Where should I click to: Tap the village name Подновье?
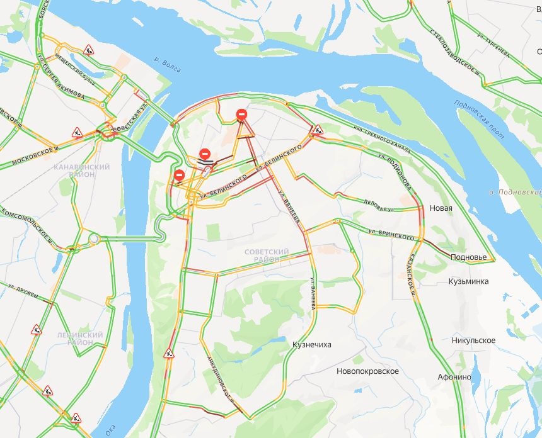[468, 257]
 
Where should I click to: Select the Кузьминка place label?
[468, 281]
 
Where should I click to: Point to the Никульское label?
[473, 340]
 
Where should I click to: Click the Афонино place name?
[454, 377]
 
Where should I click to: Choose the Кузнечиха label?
[312, 345]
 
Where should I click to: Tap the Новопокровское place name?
[368, 371]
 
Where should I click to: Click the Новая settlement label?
[441, 208]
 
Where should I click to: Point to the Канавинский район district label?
[83, 170]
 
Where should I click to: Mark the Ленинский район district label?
[79, 339]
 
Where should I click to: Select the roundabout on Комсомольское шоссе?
[94, 239]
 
